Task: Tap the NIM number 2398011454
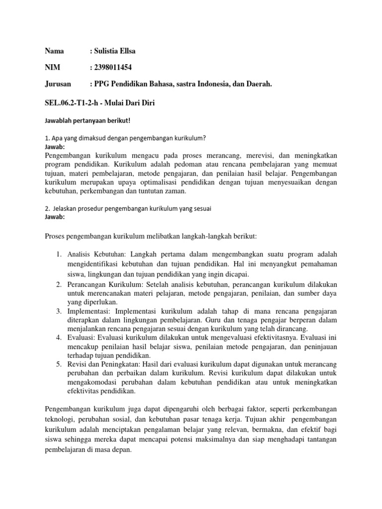click(x=113, y=68)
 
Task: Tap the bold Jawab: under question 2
click(x=55, y=217)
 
